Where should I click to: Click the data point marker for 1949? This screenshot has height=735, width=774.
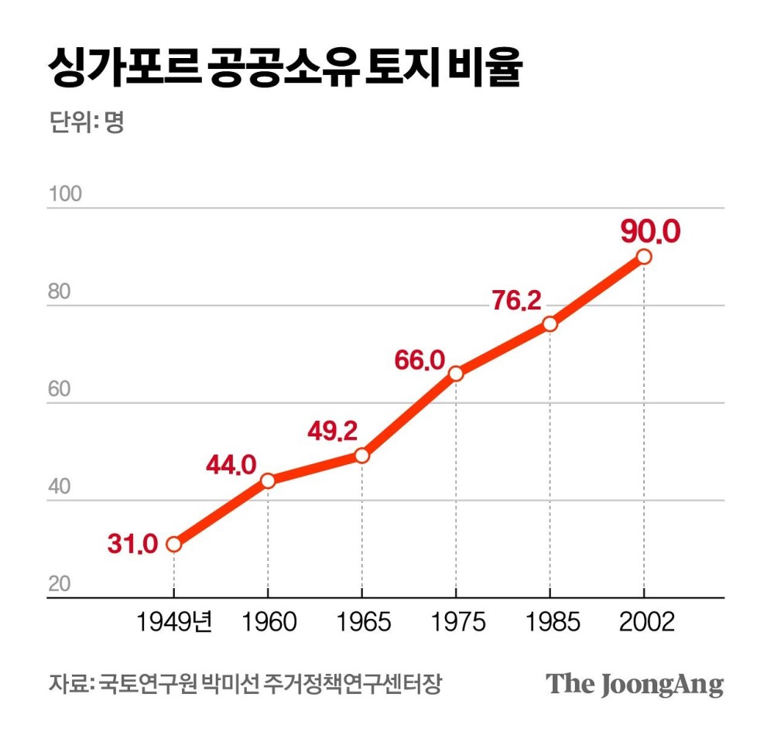click(x=173, y=544)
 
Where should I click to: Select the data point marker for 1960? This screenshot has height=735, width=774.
click(x=268, y=480)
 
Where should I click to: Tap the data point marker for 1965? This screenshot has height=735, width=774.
click(x=361, y=456)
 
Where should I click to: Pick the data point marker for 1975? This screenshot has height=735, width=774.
click(x=456, y=374)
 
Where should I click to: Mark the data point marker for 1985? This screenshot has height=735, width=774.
click(x=550, y=324)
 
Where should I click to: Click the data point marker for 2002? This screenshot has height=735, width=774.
click(x=643, y=257)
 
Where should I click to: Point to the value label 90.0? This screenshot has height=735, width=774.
click(x=650, y=231)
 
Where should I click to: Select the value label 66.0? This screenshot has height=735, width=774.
click(x=419, y=360)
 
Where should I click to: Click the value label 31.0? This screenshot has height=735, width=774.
click(x=132, y=545)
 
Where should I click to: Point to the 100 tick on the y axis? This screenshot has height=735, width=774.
click(x=65, y=194)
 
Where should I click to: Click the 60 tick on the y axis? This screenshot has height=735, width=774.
click(x=60, y=390)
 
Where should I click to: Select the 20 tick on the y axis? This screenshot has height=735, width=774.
click(x=60, y=585)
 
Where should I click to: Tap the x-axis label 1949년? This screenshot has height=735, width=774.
click(x=174, y=622)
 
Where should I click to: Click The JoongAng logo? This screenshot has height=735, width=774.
click(x=635, y=684)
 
